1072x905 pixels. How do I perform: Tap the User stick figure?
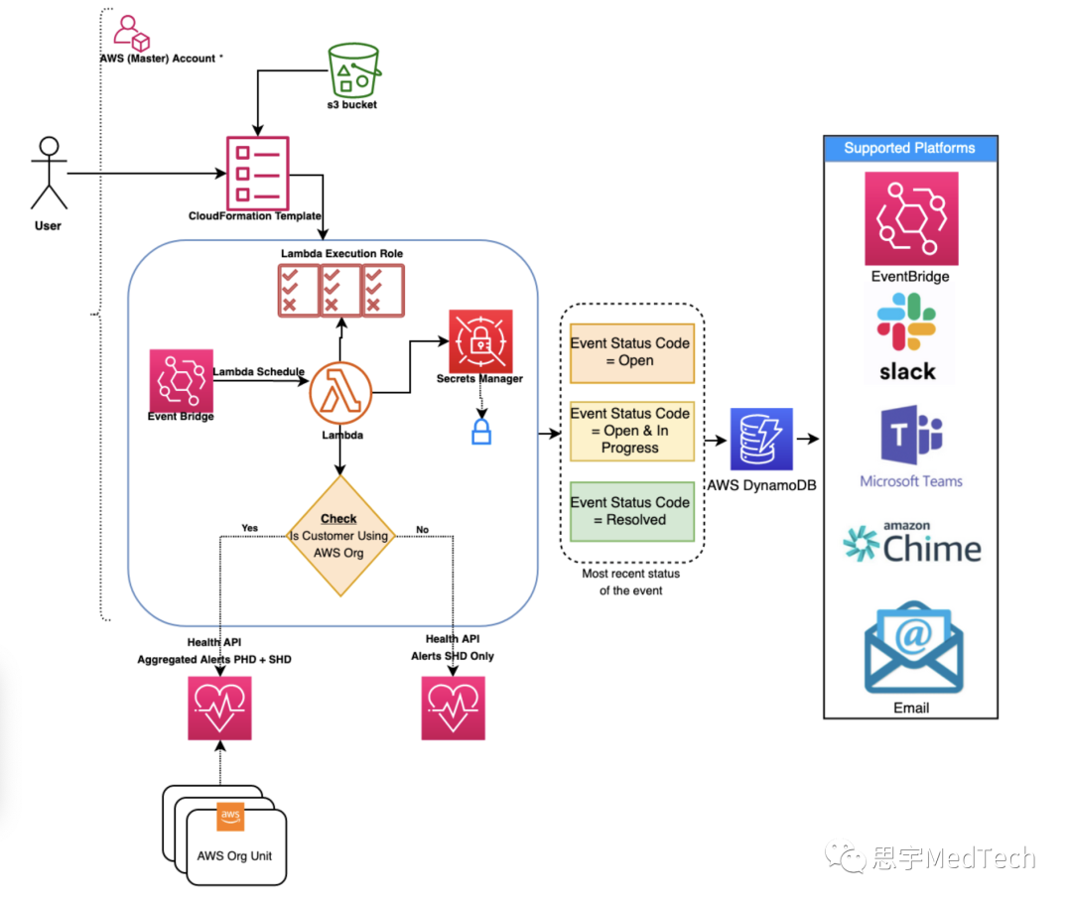(x=49, y=173)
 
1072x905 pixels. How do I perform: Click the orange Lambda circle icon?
(x=340, y=393)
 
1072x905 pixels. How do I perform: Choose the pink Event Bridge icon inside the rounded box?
(x=181, y=380)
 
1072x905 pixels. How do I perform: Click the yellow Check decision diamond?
(x=340, y=535)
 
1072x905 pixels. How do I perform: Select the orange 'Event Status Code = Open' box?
(x=630, y=352)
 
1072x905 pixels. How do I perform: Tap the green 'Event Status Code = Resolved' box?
(x=630, y=511)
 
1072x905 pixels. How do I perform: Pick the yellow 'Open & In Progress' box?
(x=630, y=431)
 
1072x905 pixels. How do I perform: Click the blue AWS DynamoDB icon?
(x=761, y=438)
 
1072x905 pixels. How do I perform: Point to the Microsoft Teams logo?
(x=911, y=437)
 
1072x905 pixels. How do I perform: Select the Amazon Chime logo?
(x=911, y=544)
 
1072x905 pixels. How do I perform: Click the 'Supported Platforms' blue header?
(x=909, y=149)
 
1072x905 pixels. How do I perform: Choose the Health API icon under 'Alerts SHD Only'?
(x=454, y=709)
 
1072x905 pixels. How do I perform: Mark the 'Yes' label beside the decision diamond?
(x=250, y=528)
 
